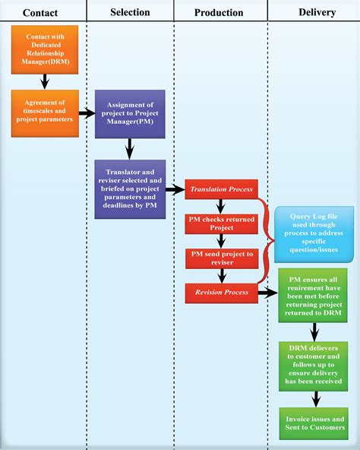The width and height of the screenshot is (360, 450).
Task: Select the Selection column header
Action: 130,12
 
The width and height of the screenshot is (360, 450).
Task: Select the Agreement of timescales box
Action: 45,112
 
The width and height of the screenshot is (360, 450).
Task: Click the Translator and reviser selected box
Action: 130,188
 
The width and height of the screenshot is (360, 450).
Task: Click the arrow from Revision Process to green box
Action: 268,292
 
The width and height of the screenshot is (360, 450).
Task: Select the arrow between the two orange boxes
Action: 45,80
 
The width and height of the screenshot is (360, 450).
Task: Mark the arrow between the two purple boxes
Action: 130,147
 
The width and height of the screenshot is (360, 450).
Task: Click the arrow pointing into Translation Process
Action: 175,189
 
